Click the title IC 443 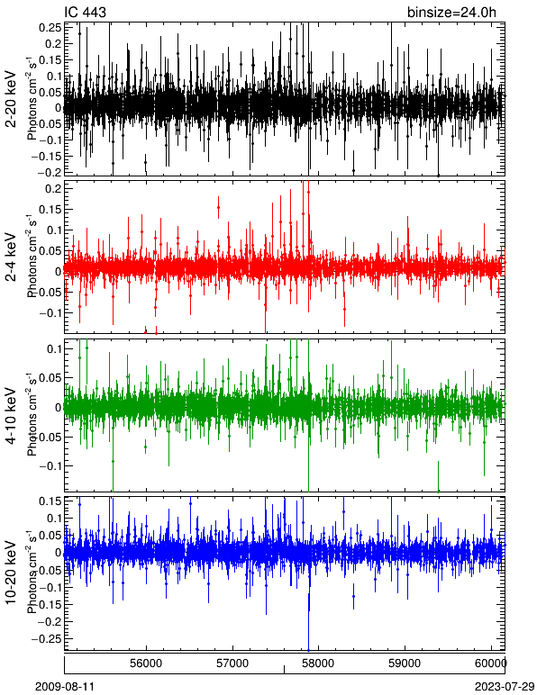pyautogui.click(x=85, y=12)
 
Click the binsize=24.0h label pyautogui.click(x=451, y=13)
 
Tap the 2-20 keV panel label pyautogui.click(x=11, y=99)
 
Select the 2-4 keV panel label pyautogui.click(x=11, y=257)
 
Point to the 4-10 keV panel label pyautogui.click(x=11, y=416)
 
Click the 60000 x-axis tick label pyautogui.click(x=492, y=663)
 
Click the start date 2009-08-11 pyautogui.click(x=65, y=687)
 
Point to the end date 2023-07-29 pyautogui.click(x=505, y=687)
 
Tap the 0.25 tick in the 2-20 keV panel pyautogui.click(x=50, y=28)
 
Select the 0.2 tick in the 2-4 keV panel pyautogui.click(x=53, y=188)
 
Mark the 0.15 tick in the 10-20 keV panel pyautogui.click(x=50, y=501)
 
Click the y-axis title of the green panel pyautogui.click(x=32, y=416)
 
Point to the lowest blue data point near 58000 pyautogui.click(x=309, y=650)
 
